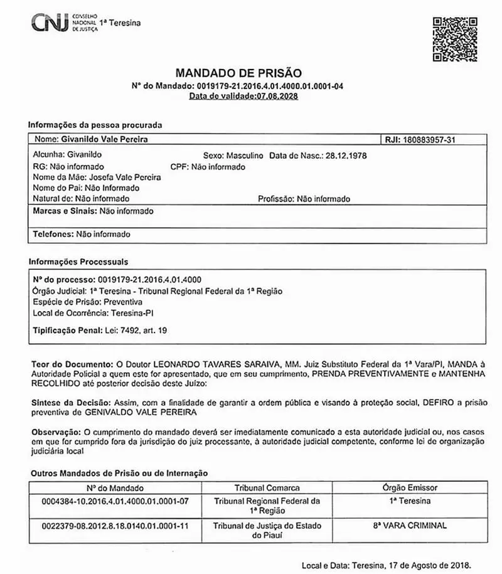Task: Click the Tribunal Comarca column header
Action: pyautogui.click(x=267, y=487)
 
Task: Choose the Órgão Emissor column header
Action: pyautogui.click(x=410, y=487)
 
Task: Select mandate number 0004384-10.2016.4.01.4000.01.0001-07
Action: pyautogui.click(x=114, y=501)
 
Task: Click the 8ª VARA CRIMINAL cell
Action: pyautogui.click(x=410, y=526)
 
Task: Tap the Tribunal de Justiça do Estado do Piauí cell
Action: pyautogui.click(x=267, y=531)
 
